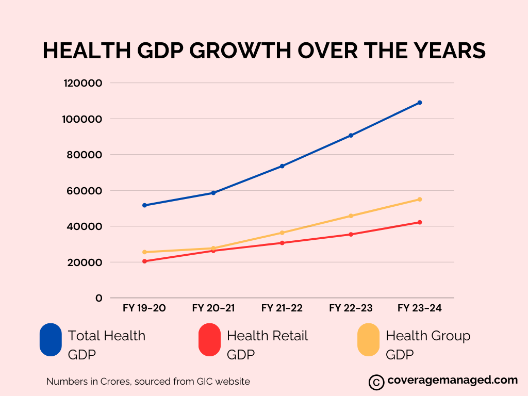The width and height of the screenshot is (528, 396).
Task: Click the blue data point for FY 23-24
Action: point(420,103)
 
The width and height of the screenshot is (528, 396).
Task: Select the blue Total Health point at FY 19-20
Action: point(145,205)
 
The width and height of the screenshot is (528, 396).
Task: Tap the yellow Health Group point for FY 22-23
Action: point(351,216)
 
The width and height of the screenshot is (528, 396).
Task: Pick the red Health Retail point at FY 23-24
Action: point(420,222)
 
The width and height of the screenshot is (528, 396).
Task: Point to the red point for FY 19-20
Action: point(145,261)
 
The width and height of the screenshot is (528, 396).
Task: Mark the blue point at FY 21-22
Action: point(282,166)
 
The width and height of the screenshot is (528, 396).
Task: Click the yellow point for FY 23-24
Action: point(420,199)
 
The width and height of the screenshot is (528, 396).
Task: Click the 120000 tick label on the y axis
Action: point(83,83)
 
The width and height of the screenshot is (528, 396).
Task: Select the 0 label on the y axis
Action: point(98,298)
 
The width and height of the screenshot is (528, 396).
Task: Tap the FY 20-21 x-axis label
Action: point(213,308)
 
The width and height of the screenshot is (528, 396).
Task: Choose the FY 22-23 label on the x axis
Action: point(351,308)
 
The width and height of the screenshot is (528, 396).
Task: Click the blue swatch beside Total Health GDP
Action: point(51,340)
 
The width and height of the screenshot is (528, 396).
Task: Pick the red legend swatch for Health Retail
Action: point(209,340)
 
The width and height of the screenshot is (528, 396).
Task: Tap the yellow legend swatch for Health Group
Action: point(368,340)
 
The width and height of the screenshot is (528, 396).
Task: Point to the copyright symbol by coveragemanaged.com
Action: point(376,382)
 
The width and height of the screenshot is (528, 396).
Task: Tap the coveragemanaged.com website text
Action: point(452,381)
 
